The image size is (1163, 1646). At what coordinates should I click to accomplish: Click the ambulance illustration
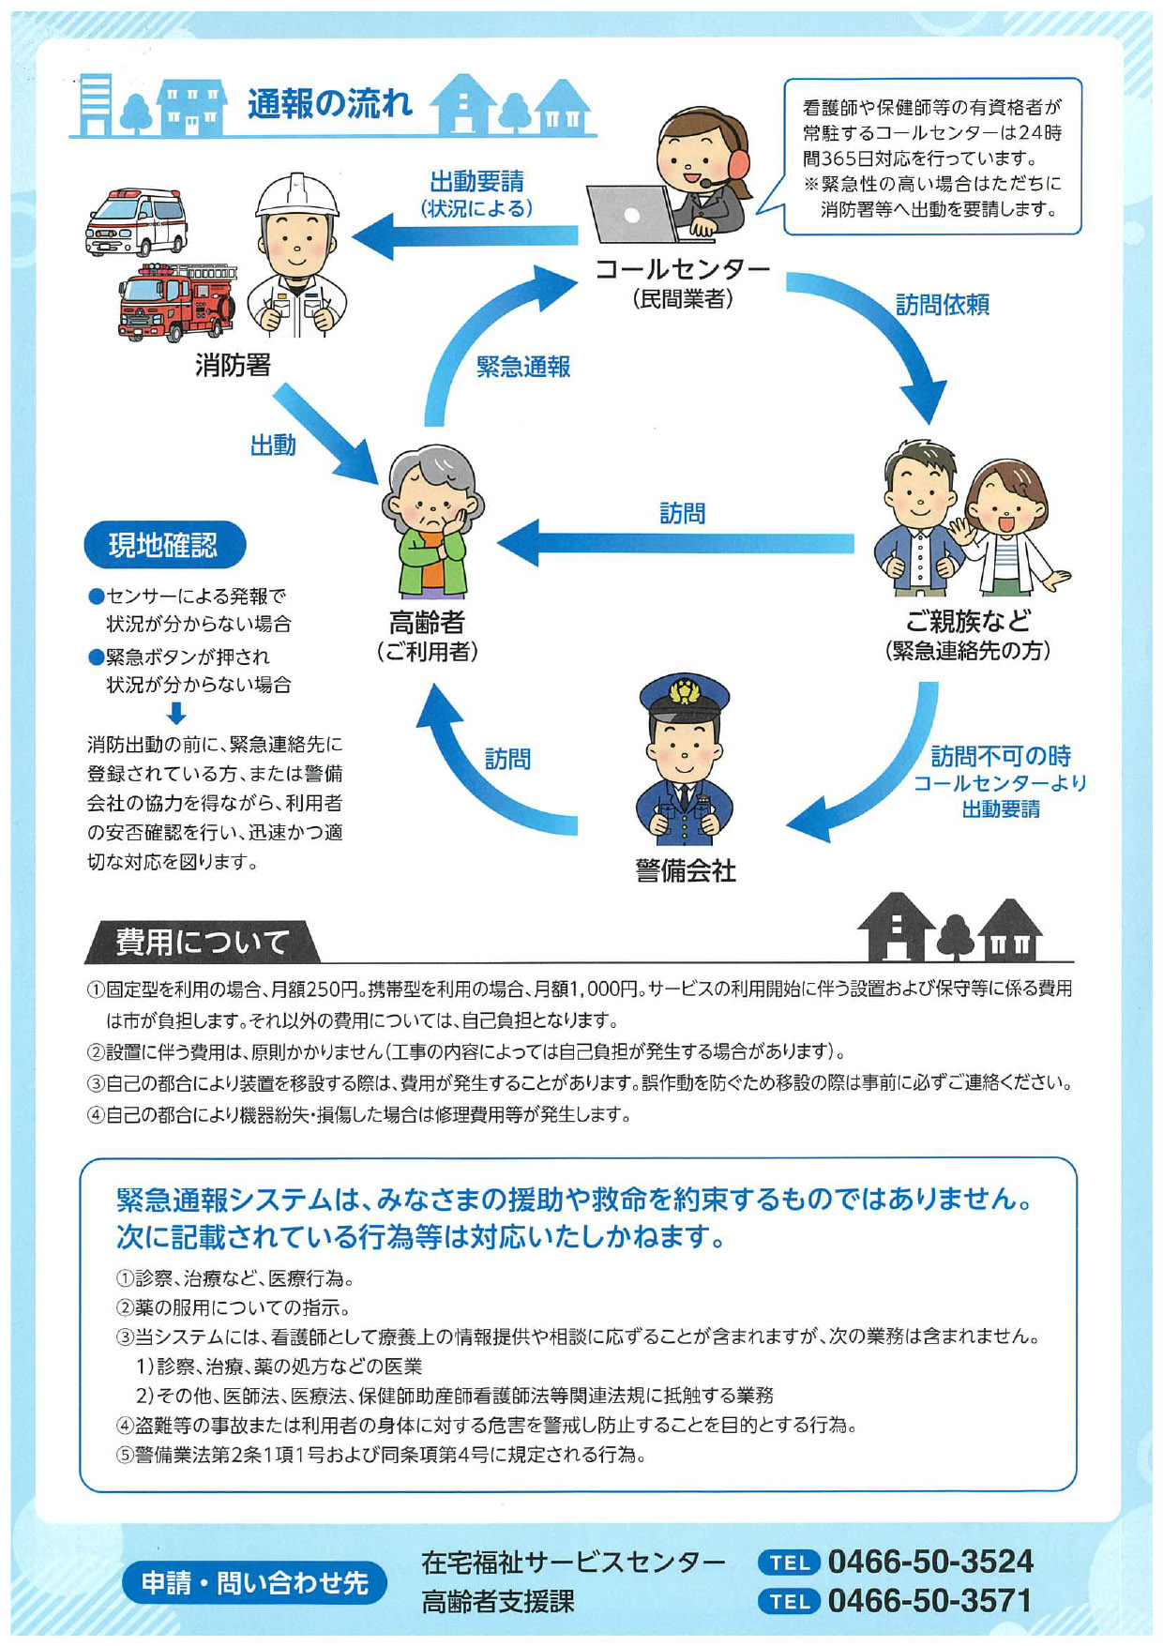(136, 221)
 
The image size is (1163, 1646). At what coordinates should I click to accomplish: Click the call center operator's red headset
(737, 159)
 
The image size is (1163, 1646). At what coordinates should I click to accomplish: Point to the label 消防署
(233, 364)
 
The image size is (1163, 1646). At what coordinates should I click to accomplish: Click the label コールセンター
(683, 269)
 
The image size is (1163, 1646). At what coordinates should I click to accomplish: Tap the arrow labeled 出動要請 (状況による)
(465, 234)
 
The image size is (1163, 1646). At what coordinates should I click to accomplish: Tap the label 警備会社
(686, 870)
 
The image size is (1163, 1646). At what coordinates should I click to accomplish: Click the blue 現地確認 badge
(164, 545)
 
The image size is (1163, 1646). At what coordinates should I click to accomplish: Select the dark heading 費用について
(202, 942)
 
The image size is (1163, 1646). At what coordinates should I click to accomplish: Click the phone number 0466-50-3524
(930, 1561)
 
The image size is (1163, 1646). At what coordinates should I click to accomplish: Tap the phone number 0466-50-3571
(930, 1600)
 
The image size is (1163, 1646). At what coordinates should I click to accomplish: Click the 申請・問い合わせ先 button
(254, 1582)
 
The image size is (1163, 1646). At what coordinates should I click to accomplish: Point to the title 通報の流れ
(330, 103)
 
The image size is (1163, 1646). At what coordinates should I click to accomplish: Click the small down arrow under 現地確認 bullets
(176, 714)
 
